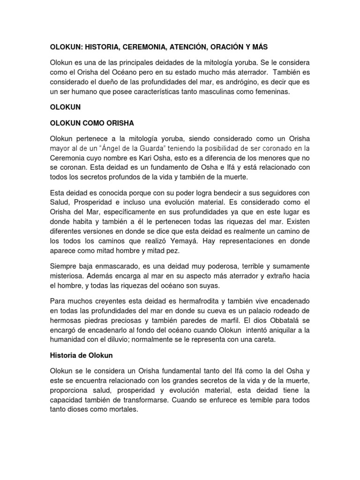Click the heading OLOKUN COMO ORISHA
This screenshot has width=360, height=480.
tap(92, 123)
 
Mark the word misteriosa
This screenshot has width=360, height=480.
tap(70, 276)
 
